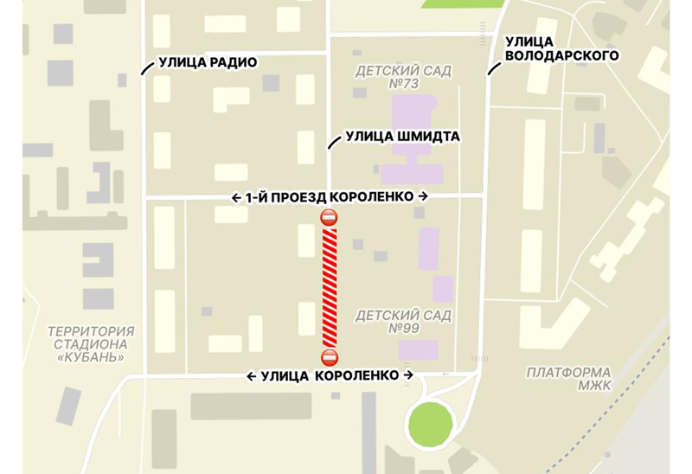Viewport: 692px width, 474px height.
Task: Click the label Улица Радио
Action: pyautogui.click(x=208, y=62)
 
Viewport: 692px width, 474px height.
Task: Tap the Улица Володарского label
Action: pyautogui.click(x=561, y=48)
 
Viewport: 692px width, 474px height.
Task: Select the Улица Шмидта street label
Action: pyautogui.click(x=402, y=136)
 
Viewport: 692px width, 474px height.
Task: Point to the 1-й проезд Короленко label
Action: pyautogui.click(x=330, y=197)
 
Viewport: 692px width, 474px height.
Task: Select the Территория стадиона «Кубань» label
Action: pyautogui.click(x=91, y=344)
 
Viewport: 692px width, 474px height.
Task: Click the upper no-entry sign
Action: pyautogui.click(x=329, y=218)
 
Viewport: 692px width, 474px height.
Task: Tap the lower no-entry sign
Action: pyautogui.click(x=329, y=357)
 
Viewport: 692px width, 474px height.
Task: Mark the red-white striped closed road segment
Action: pyautogui.click(x=329, y=287)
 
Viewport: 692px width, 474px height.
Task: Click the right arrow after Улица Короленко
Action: pyautogui.click(x=408, y=375)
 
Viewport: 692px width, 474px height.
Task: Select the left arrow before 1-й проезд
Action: pyautogui.click(x=236, y=197)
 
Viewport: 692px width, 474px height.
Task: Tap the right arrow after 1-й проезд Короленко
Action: pyautogui.click(x=423, y=197)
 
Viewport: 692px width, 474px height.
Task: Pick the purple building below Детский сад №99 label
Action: pyautogui.click(x=419, y=349)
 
